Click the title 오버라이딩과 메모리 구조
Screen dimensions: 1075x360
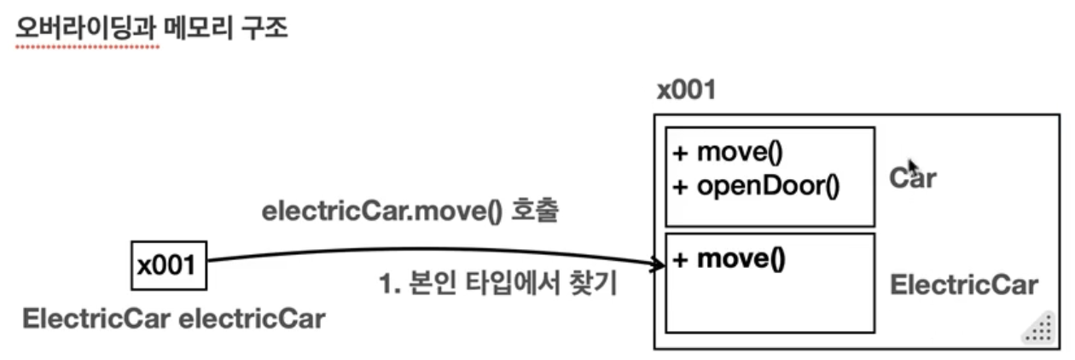point(152,28)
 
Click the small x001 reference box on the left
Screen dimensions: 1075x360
point(167,265)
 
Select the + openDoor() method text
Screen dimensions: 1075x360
point(756,185)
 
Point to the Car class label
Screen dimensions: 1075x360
point(912,178)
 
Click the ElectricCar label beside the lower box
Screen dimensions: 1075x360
point(963,285)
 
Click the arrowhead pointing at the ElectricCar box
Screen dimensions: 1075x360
point(659,266)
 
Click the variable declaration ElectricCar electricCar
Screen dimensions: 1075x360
point(173,319)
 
